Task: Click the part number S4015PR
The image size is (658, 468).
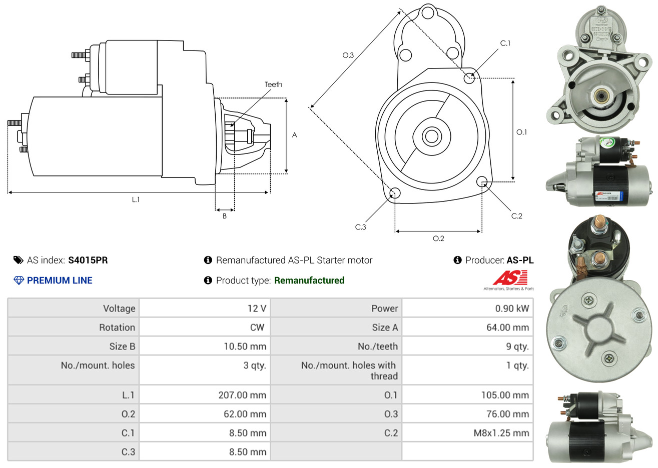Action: (x=88, y=260)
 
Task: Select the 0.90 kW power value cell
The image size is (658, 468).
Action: (x=511, y=308)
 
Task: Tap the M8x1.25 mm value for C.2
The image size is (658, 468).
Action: (x=501, y=433)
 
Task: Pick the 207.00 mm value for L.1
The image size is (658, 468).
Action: (x=242, y=395)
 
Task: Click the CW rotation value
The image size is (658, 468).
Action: (x=257, y=327)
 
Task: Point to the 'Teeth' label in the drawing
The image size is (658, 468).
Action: (x=273, y=84)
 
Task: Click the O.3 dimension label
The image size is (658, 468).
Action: (x=348, y=55)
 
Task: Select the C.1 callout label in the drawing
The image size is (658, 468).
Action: (x=505, y=43)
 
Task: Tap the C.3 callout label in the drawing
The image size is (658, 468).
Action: (x=360, y=227)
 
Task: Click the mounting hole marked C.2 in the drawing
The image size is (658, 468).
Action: (x=482, y=181)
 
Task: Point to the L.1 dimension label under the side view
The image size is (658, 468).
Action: (x=136, y=199)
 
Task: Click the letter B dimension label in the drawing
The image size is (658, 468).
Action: (x=225, y=216)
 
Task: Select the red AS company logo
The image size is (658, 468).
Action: (x=510, y=278)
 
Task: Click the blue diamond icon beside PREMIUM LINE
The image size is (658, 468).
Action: (x=19, y=280)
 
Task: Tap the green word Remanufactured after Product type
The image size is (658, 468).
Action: (x=309, y=280)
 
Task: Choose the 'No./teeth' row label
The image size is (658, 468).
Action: (x=378, y=346)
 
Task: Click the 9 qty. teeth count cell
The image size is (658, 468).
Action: (x=517, y=346)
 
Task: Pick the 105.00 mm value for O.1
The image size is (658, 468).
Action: (x=505, y=395)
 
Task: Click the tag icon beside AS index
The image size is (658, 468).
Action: (x=18, y=260)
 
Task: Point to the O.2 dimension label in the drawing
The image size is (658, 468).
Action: (x=438, y=238)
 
